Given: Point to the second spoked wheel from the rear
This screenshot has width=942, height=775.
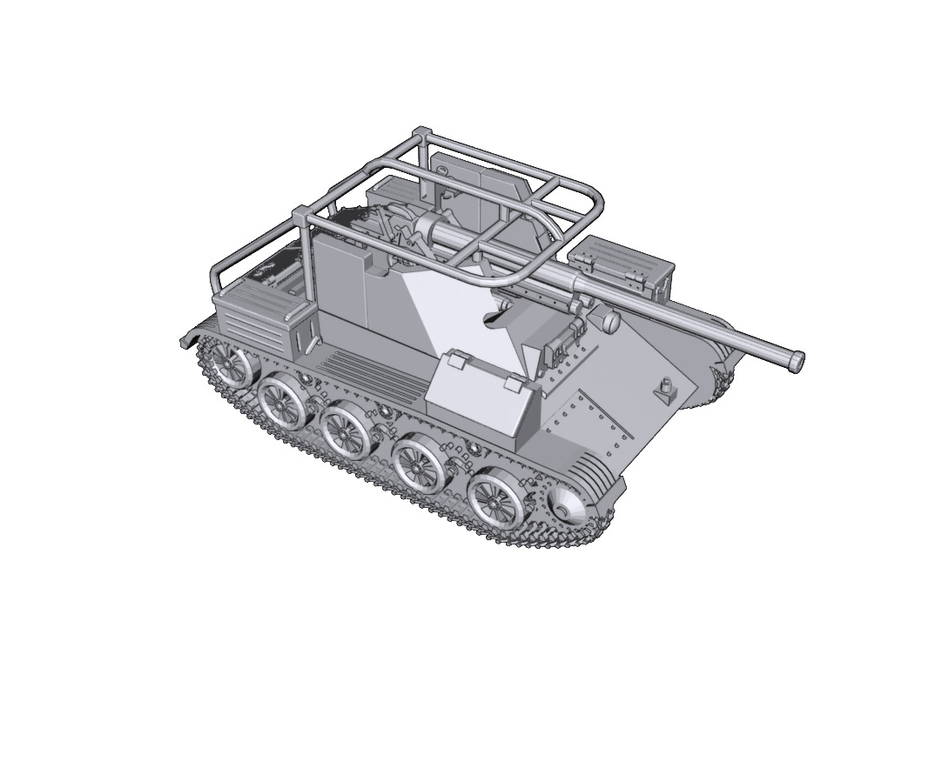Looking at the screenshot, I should (281, 401).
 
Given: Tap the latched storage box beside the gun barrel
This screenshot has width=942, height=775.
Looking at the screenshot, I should (624, 265).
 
